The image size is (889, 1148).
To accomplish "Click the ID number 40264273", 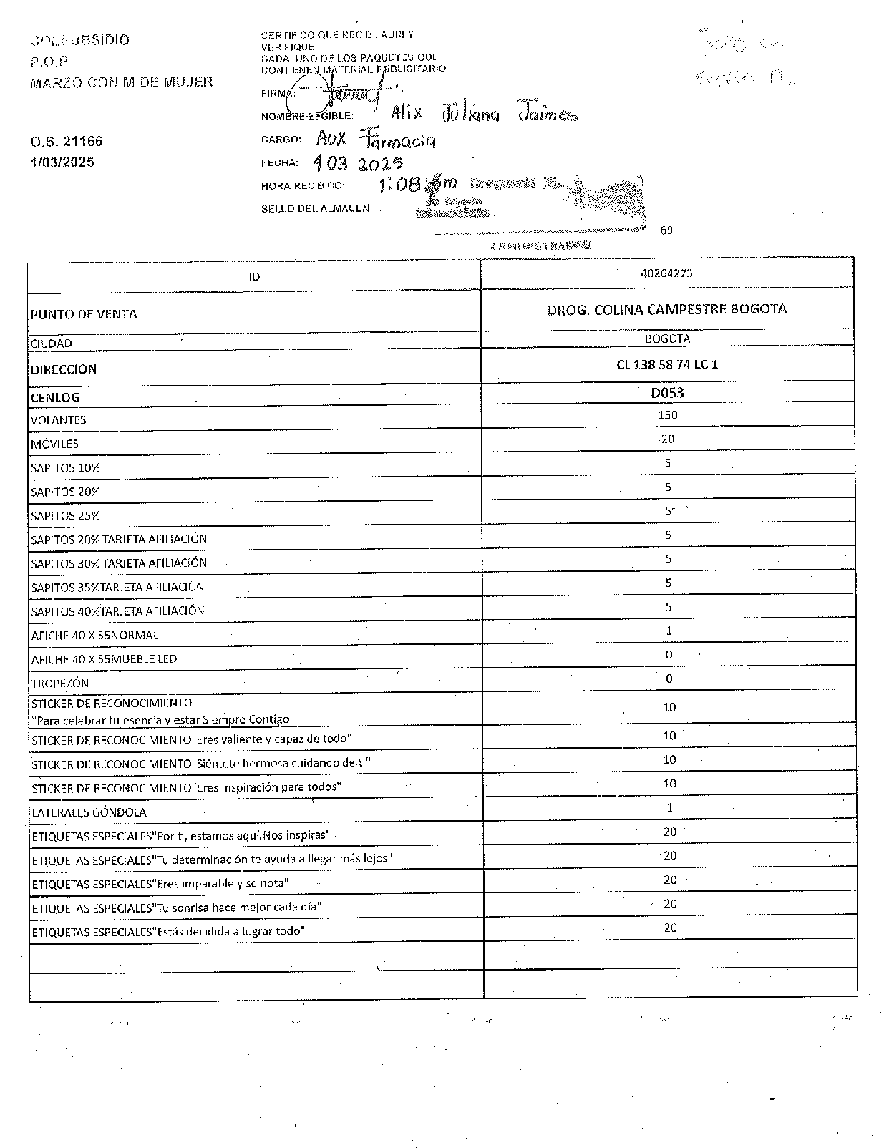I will coord(667,273).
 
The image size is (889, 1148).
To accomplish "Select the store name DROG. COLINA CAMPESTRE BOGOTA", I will coord(667,309).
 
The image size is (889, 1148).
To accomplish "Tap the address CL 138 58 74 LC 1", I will coord(667,364).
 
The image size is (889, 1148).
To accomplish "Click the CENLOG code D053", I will coord(667,392).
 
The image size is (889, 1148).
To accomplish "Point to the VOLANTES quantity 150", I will coord(667,415).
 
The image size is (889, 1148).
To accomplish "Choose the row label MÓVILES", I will coord(54,444).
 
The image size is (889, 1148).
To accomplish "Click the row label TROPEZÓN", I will coord(59,683).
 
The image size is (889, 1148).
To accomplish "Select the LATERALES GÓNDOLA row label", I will coord(89,812).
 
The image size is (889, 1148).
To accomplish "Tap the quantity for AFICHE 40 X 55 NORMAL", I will coord(669,631).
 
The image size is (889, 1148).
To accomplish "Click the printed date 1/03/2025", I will coord(62,162).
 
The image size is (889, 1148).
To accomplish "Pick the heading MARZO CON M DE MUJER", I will coord(122,82).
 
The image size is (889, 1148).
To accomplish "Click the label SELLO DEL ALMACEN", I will coord(316,208).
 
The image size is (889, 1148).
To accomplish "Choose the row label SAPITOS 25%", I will coord(65,515).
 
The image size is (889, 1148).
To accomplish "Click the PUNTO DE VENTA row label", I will coord(84,314).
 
